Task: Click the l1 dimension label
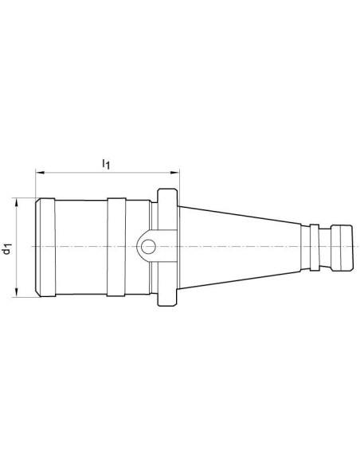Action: pyautogui.click(x=106, y=164)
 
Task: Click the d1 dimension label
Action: pyautogui.click(x=7, y=248)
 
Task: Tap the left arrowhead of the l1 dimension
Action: pyautogui.click(x=40, y=172)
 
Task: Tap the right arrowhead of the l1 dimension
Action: pyautogui.click(x=175, y=172)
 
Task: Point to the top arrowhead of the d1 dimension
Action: pyautogui.click(x=16, y=202)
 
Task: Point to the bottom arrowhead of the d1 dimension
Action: pyautogui.click(x=16, y=292)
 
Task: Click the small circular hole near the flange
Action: pyautogui.click(x=148, y=247)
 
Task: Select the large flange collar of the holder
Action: pyautogui.click(x=167, y=248)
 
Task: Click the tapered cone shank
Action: pyautogui.click(x=240, y=248)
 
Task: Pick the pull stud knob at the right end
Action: pyautogui.click(x=342, y=248)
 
